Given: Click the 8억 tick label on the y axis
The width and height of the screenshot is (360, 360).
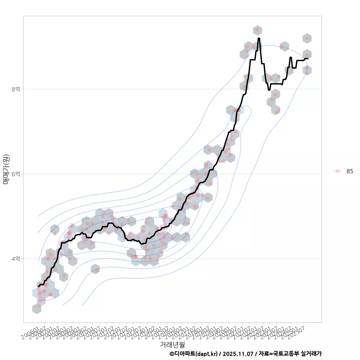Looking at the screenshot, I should tap(16, 89).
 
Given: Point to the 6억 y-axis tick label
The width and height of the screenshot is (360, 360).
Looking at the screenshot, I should tap(16, 174).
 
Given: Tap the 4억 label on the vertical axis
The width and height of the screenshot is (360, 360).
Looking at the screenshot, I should tap(16, 259).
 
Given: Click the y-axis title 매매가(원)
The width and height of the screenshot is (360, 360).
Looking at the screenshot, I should tap(6, 169).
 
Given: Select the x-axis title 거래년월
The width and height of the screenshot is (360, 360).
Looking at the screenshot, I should tap(172, 344).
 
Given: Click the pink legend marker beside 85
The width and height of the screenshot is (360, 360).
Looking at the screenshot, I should tap(337, 171).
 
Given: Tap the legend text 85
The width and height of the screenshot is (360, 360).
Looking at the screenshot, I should tap(349, 171).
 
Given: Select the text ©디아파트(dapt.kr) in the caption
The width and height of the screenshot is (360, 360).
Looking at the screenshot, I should tap(193, 354).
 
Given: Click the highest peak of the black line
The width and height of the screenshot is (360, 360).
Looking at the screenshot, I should tap(259, 38).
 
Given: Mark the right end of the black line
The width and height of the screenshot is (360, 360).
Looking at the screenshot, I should tap(308, 58).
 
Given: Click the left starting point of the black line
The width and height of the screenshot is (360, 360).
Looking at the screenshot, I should tap(38, 286).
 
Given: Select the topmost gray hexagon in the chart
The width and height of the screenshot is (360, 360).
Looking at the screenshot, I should tap(257, 30).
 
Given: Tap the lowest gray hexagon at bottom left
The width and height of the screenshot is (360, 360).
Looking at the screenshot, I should tap(37, 309).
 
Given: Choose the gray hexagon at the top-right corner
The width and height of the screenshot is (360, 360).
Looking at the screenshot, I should tap(307, 38).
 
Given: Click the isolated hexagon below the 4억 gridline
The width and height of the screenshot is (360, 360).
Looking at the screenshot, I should tap(95, 268).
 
